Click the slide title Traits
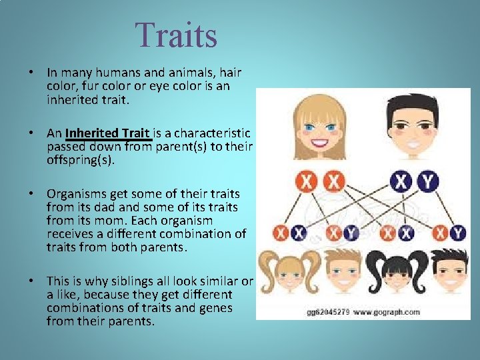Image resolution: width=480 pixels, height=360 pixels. coord(176,35)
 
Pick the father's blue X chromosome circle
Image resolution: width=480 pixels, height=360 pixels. coord(401,181)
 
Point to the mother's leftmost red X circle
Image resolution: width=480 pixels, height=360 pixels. coord(307,181)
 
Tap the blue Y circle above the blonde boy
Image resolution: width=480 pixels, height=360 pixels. coord(351,232)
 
